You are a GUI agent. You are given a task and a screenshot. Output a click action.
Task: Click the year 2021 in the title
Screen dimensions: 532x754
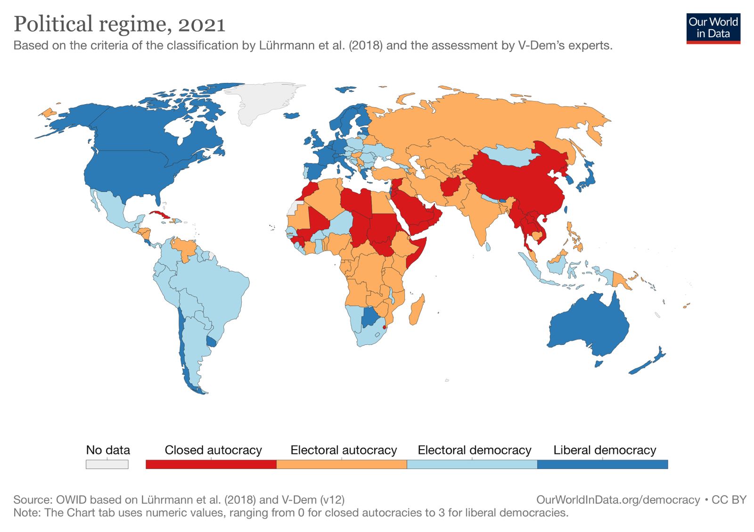tap(202, 25)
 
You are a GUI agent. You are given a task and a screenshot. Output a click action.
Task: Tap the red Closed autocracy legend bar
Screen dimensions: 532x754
tap(211, 464)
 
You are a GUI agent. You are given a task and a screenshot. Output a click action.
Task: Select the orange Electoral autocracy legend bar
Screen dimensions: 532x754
tap(341, 464)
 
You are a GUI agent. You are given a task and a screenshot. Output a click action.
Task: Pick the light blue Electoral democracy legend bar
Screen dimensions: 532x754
tap(472, 464)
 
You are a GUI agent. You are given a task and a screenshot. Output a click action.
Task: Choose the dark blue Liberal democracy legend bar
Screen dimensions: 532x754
tap(602, 464)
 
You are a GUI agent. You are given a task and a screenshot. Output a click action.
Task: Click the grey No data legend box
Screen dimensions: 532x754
tap(107, 464)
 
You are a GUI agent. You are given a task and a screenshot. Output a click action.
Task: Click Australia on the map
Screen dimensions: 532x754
tap(589, 325)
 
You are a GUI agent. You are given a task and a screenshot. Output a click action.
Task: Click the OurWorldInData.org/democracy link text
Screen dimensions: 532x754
tap(618, 500)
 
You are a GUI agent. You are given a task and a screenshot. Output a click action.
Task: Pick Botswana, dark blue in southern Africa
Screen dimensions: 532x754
tap(370, 317)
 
